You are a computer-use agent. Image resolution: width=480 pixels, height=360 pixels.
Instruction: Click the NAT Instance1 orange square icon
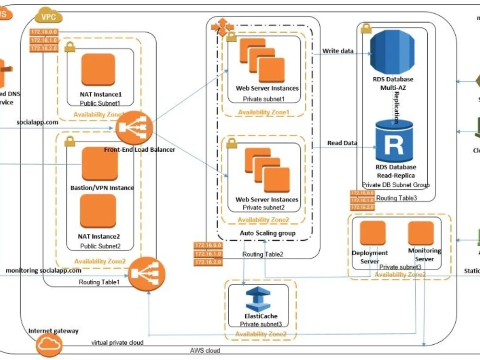[x=98, y=70]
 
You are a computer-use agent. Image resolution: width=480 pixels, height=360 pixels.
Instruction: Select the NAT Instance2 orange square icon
[x=98, y=211]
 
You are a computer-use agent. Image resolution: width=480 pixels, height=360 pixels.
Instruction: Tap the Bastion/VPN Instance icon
[x=99, y=164]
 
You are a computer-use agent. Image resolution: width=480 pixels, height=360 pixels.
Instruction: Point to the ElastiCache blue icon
[x=258, y=300]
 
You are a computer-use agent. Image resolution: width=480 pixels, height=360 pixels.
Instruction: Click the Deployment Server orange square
[x=373, y=233]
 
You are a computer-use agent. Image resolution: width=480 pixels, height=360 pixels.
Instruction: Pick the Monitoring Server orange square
[x=421, y=233]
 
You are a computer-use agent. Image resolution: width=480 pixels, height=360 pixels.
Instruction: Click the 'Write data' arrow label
[x=338, y=51]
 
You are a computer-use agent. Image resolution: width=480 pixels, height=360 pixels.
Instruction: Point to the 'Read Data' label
[x=342, y=143]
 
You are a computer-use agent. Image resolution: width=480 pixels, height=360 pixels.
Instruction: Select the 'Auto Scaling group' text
[x=268, y=233]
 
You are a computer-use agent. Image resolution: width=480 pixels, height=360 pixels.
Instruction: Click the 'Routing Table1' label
[x=99, y=282]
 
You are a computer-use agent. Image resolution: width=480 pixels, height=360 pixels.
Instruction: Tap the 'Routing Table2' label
[x=263, y=254]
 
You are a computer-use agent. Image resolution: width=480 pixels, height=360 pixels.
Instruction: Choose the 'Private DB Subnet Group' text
[x=396, y=184]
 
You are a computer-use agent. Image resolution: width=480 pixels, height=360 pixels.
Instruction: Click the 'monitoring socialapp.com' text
[x=44, y=270]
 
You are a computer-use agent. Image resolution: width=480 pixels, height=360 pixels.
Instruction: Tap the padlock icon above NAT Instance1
[x=70, y=47]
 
